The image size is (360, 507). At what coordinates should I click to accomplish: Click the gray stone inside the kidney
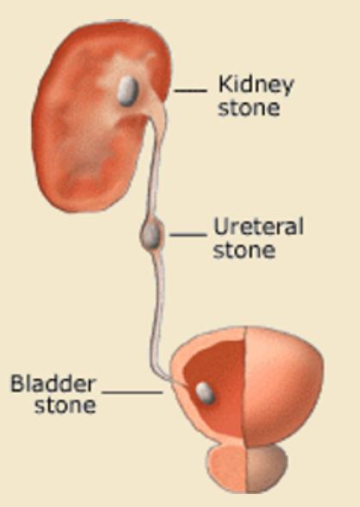point(128,91)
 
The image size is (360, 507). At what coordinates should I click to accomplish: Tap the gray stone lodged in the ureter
point(150,234)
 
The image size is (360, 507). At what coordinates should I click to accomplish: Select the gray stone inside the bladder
point(205,392)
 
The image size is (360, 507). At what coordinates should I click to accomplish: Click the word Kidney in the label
point(256,85)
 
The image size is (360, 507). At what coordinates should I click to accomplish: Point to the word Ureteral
point(258,226)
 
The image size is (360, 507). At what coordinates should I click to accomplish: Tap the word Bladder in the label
point(53,383)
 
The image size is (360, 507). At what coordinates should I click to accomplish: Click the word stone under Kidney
point(249,108)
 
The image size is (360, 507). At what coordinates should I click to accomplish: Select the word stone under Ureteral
point(244,250)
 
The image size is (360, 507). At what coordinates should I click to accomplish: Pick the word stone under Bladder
point(66,404)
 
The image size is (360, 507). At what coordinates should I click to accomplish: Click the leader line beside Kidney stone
point(190,91)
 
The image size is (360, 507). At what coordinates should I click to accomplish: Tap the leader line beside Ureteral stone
point(187,234)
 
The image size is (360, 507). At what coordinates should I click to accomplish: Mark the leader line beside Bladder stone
point(132,392)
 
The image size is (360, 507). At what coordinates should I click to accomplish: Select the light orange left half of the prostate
point(228,467)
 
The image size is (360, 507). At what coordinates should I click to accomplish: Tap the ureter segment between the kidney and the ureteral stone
point(155,168)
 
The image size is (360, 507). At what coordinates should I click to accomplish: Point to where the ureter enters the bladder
point(176,382)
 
